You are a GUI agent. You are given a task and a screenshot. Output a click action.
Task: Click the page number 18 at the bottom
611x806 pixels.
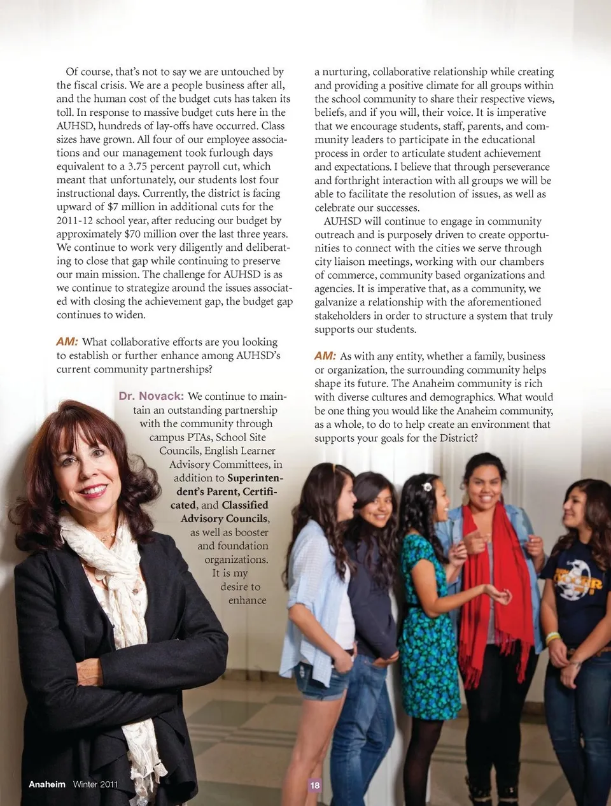tap(314, 785)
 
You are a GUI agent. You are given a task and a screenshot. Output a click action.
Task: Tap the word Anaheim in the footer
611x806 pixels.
tap(46, 784)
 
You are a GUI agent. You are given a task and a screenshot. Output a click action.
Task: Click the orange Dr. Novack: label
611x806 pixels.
tap(151, 397)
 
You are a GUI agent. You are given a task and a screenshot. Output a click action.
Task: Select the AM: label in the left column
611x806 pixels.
tap(67, 342)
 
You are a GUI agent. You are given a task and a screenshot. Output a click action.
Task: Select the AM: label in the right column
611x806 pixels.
tap(325, 356)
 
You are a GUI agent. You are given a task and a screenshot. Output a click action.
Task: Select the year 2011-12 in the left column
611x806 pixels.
tap(74, 221)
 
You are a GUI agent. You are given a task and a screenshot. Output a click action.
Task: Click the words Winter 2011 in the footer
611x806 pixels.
tap(95, 784)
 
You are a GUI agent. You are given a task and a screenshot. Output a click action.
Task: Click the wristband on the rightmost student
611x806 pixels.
tap(553, 637)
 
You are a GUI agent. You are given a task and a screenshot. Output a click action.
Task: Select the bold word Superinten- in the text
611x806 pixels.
tap(255, 478)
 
